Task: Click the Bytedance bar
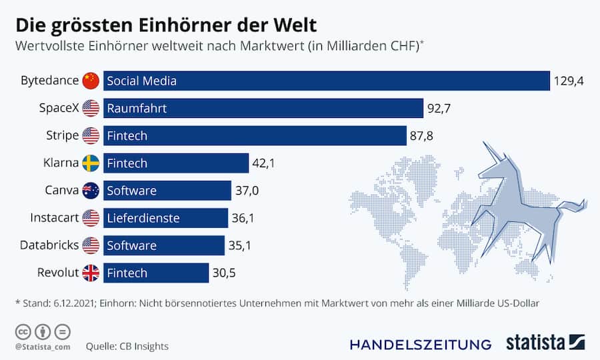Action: [x=327, y=81]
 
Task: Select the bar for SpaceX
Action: [x=263, y=108]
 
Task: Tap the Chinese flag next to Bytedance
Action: [x=91, y=81]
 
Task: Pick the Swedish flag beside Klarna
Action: [x=91, y=163]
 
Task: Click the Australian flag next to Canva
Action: [x=91, y=191]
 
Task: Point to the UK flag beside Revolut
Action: [x=91, y=273]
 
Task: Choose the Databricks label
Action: [x=49, y=245]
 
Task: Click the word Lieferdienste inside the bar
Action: [x=143, y=218]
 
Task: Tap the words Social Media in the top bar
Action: [x=141, y=81]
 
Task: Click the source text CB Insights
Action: [x=145, y=346]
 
